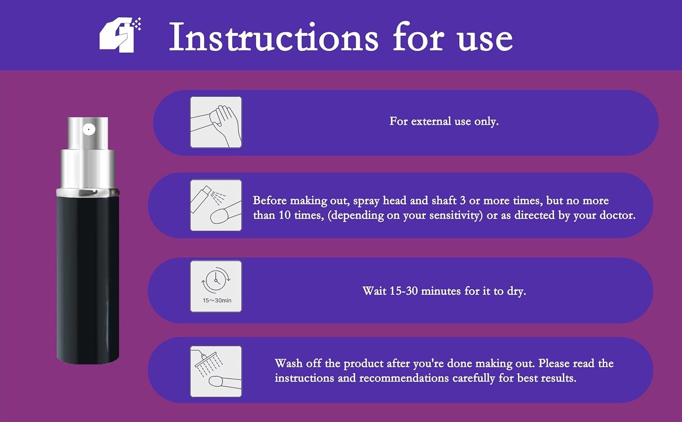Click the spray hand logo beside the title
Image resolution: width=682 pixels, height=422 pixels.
pos(120,35)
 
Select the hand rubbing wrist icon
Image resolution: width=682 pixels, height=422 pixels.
pos(216,122)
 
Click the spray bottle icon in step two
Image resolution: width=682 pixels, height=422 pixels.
pos(216,205)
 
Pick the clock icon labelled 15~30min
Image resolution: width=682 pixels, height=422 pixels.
pos(216,286)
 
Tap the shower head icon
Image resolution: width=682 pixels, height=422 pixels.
pos(216,372)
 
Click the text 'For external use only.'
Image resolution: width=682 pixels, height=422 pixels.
pos(444,121)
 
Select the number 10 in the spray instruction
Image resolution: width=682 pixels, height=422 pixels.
pos(285,215)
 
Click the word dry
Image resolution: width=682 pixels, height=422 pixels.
pos(517,291)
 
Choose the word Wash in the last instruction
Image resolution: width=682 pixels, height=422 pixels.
pos(289,363)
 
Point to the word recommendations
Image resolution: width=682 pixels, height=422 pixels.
pos(404,378)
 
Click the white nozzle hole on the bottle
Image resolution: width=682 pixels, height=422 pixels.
pos(89,130)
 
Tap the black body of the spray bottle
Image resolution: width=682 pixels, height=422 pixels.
pos(88,280)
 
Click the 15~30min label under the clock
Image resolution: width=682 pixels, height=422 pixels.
pos(217,301)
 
